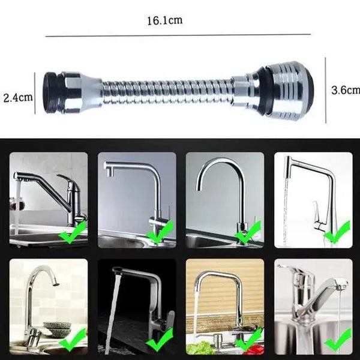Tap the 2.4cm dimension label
[17, 97]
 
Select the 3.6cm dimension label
[346, 90]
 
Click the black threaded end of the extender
[51, 92]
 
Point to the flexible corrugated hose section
[162, 92]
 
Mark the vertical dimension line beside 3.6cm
[326, 90]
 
